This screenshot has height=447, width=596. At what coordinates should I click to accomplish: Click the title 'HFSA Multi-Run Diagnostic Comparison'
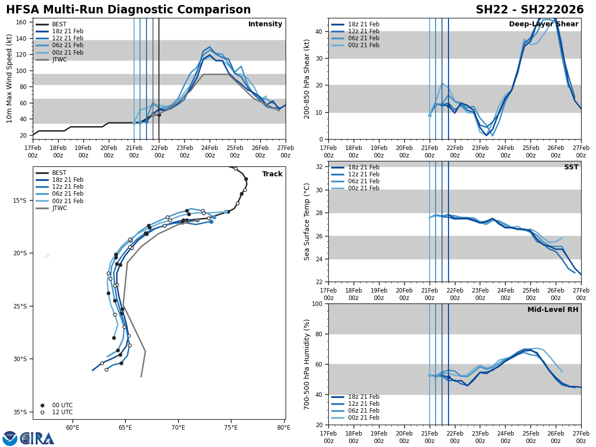click(128, 10)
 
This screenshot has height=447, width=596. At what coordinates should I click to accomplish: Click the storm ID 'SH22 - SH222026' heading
click(529, 10)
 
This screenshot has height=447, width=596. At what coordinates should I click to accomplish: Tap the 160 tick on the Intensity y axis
click(22, 22)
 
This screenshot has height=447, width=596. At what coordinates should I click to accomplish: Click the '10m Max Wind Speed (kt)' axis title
click(9, 78)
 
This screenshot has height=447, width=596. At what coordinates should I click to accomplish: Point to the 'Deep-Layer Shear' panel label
click(543, 24)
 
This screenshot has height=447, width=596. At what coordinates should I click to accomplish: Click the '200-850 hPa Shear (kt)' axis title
click(307, 78)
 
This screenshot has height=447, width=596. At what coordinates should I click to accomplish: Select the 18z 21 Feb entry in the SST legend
click(355, 167)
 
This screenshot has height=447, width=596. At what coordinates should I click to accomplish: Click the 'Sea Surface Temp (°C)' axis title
click(307, 222)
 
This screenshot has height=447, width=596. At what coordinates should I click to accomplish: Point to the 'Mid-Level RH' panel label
click(553, 310)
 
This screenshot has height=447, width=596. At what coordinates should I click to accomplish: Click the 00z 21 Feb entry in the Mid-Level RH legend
click(355, 418)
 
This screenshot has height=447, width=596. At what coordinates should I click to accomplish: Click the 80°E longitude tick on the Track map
click(284, 427)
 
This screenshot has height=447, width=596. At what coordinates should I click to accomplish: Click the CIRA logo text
click(37, 438)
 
